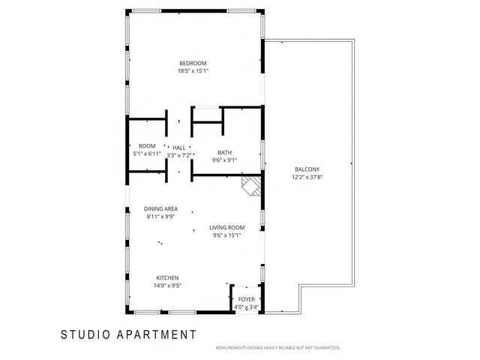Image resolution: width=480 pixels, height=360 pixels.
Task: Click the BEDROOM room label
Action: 193,63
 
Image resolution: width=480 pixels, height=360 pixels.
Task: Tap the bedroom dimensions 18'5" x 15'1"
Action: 193,71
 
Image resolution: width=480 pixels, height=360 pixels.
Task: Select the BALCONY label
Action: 307,169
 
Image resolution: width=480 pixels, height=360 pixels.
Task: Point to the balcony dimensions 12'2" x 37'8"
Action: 307,178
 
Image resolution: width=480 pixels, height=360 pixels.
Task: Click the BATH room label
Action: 225,152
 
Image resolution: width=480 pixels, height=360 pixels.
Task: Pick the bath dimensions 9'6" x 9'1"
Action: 225,160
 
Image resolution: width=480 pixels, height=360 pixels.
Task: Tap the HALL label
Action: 179,147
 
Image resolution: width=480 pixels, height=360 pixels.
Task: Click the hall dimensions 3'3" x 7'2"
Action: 179,155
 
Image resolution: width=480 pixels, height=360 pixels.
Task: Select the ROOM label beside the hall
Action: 147,145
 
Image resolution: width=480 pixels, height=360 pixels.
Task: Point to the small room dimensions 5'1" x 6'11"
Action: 147,154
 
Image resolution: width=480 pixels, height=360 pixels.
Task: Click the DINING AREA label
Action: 160,208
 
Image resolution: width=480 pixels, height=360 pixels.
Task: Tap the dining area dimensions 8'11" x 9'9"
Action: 160,217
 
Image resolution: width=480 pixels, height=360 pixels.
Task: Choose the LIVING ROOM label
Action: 227,227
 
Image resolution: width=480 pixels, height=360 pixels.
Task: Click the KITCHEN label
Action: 167,277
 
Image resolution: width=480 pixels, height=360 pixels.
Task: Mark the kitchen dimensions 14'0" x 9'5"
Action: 167,285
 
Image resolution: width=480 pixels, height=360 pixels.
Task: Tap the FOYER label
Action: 247,299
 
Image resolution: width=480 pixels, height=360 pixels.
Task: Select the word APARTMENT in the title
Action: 158,334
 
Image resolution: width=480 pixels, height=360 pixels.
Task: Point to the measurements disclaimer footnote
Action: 277,348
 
